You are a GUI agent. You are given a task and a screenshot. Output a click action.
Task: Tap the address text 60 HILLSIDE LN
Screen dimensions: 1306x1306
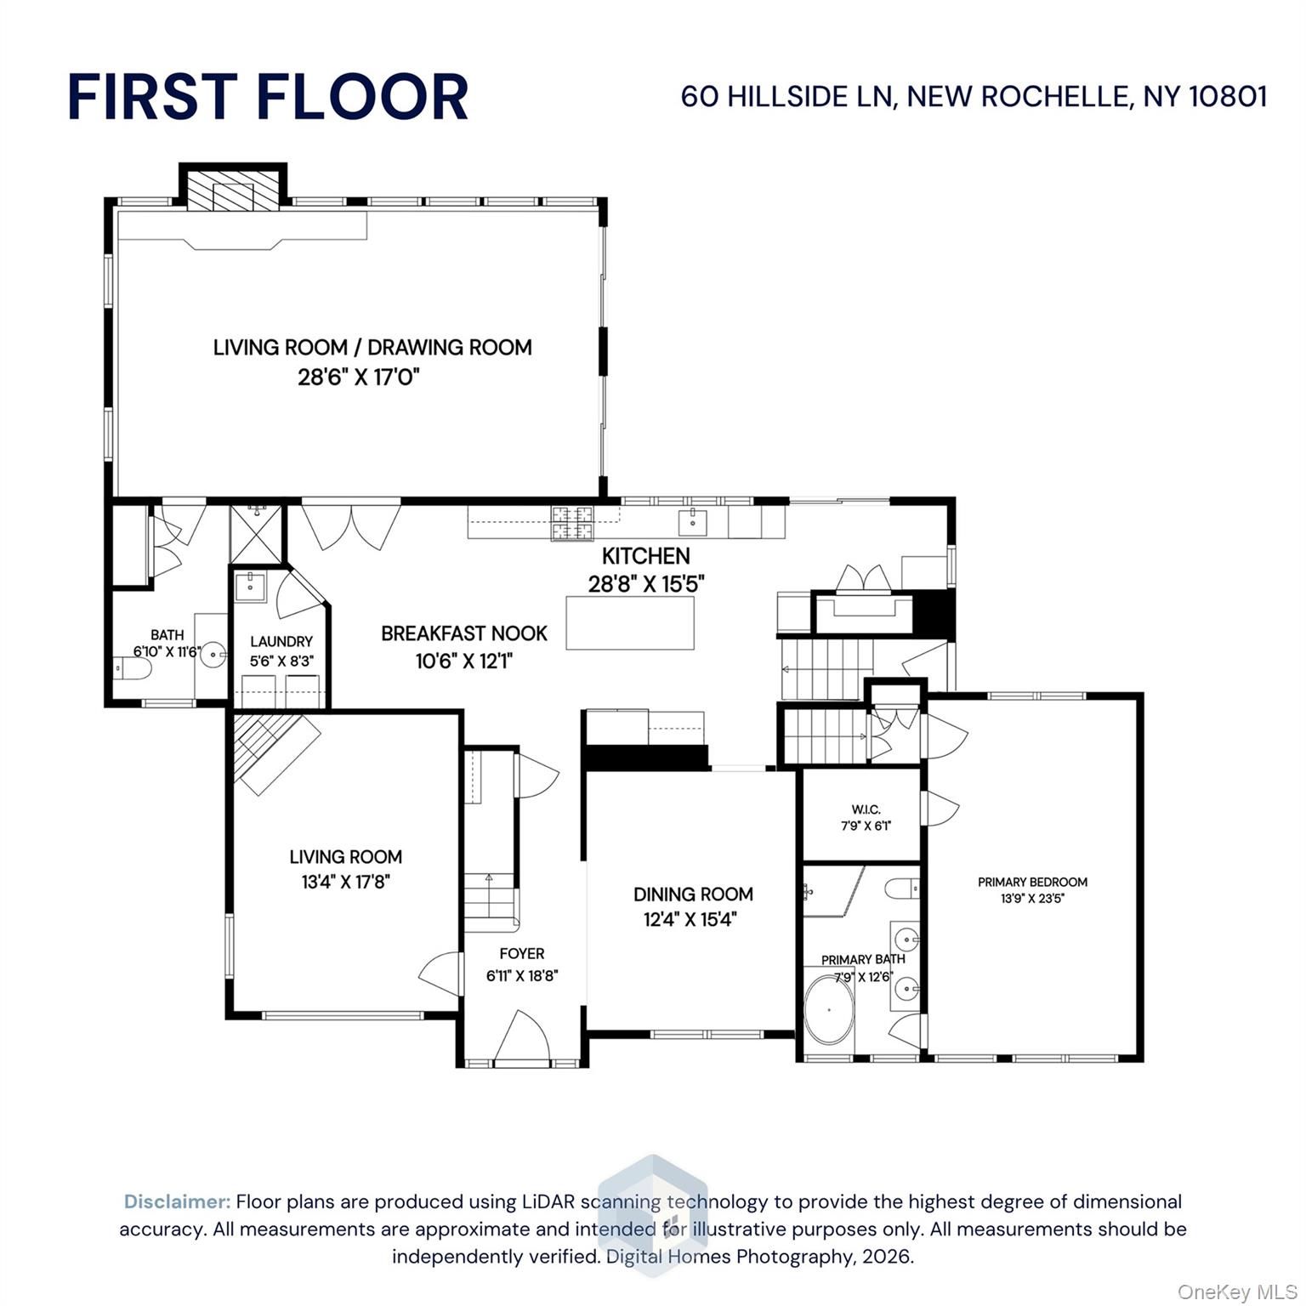tap(786, 96)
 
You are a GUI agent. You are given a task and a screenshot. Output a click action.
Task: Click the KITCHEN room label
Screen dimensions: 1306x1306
tap(645, 556)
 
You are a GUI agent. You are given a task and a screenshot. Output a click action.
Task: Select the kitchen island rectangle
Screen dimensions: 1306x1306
tap(629, 622)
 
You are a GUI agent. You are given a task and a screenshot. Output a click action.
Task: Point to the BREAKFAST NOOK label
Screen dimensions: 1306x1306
tap(463, 633)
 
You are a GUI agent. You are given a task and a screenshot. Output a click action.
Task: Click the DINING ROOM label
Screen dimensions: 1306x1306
tap(693, 894)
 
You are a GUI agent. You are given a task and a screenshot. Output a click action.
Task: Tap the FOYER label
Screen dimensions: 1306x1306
tap(521, 954)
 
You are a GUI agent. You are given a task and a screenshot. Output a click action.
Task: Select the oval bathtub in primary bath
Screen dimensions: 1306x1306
tap(829, 1009)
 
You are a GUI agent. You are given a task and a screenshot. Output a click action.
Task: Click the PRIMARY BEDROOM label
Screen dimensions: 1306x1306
tap(1032, 882)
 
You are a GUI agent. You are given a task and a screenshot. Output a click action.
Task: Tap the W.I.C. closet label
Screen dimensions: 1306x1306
tap(865, 809)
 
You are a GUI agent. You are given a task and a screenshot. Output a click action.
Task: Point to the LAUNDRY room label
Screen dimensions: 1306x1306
tap(281, 642)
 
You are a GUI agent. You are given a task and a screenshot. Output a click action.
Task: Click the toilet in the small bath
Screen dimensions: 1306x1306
tap(134, 669)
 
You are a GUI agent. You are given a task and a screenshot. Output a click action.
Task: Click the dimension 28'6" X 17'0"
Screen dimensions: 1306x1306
tap(359, 377)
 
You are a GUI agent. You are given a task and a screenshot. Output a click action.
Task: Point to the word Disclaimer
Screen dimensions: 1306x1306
tap(177, 1201)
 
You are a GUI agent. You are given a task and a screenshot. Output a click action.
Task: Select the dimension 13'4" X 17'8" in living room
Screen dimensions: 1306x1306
tap(345, 882)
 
